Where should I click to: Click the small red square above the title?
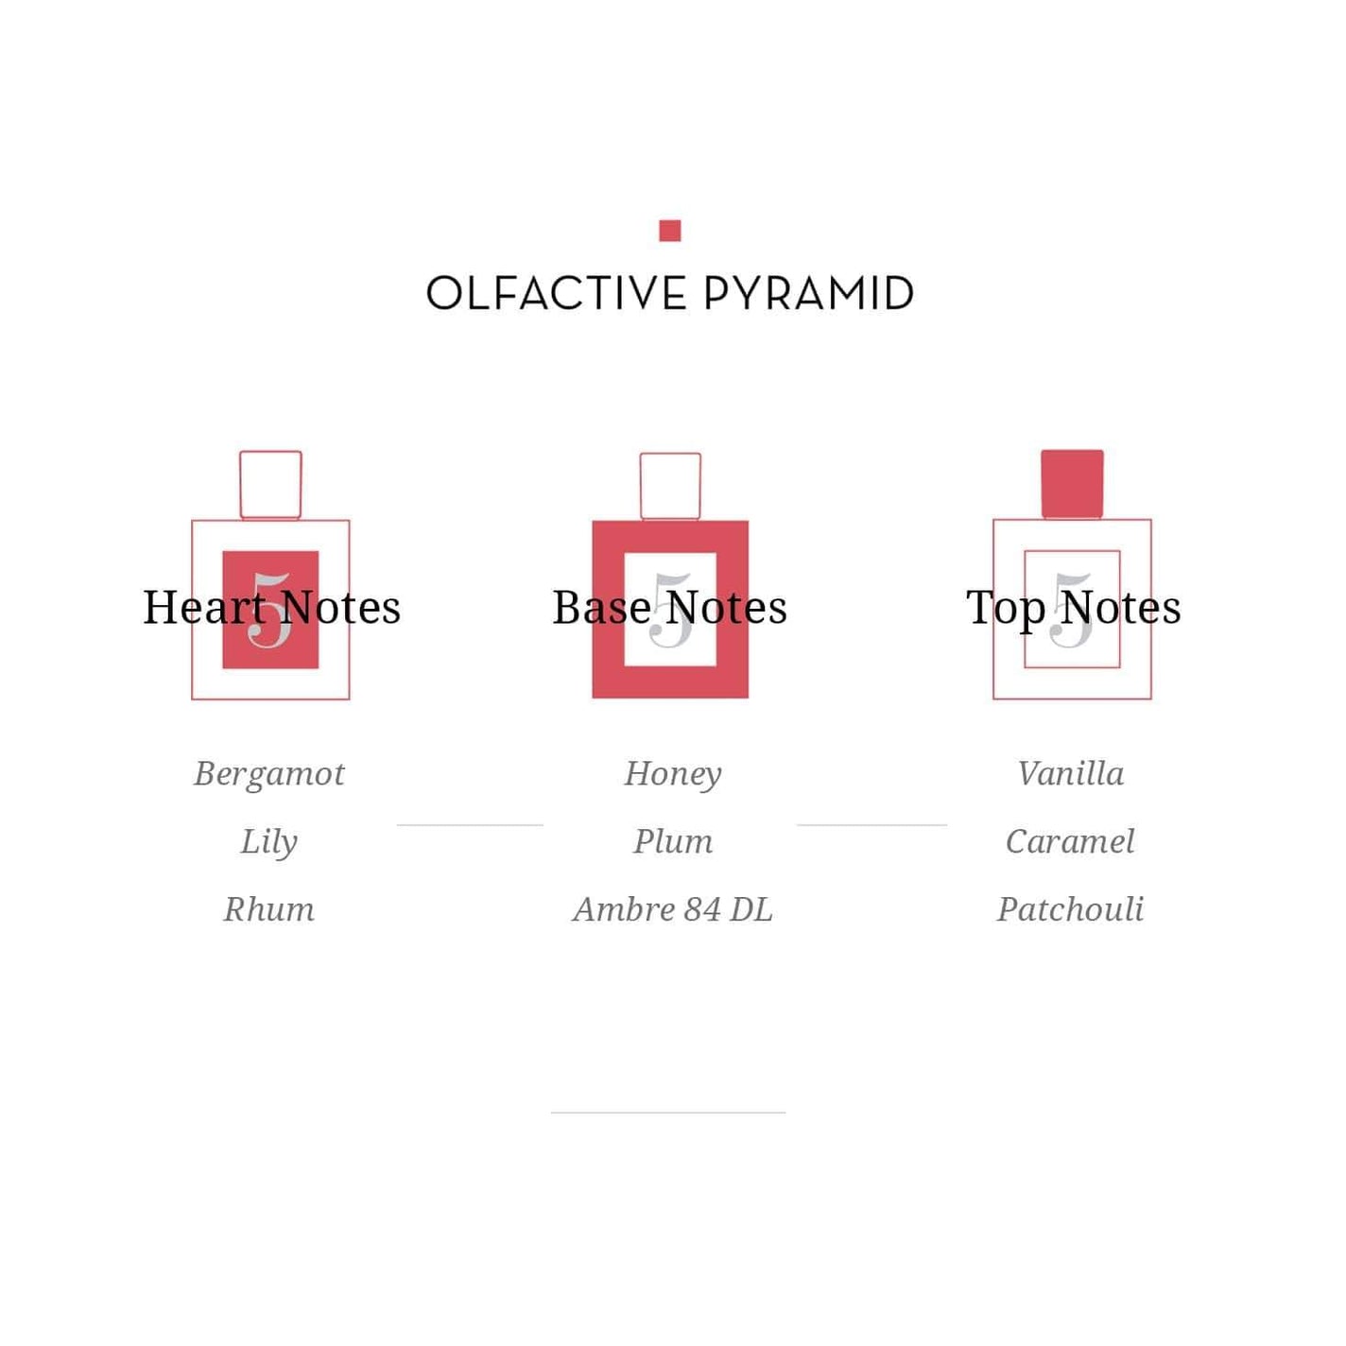coord(669,231)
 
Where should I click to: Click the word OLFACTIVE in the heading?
coord(556,293)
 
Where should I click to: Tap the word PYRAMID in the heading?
coord(807,293)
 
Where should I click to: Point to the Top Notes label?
coord(1073,608)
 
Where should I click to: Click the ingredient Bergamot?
coord(269,775)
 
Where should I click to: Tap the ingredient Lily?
coord(269,842)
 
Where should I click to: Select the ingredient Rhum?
coord(269,908)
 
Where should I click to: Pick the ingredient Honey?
coord(673,775)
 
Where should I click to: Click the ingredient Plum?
coord(673,841)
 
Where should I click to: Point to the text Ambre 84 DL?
coord(673,908)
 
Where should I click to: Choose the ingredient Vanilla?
coord(1070,773)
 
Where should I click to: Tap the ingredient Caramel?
coord(1070,841)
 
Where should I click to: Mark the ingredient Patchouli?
coord(1070,908)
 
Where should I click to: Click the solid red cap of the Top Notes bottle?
coord(1072,484)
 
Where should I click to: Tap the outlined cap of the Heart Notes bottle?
coord(270,452)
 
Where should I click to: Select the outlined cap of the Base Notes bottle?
coord(670,454)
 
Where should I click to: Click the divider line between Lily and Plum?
coord(470,825)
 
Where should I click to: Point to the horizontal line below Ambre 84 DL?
coord(667,1113)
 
